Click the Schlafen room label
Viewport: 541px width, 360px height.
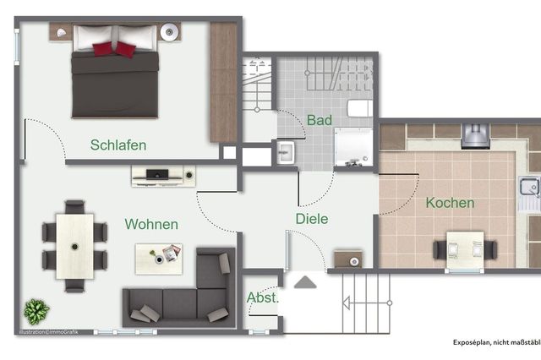pos(118,145)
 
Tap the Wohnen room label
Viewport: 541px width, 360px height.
pos(151,224)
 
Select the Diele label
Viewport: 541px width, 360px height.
pos(311,219)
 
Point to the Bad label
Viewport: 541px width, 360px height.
pos(320,121)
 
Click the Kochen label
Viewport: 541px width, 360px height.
pos(450,203)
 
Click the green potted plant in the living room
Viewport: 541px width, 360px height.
pos(36,311)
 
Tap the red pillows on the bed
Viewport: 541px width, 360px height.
pos(114,49)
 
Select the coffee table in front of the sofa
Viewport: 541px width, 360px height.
pos(159,256)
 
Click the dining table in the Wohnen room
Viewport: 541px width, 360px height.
pos(74,246)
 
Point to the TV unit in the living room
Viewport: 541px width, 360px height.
pos(163,176)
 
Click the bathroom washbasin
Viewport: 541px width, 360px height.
pos(285,153)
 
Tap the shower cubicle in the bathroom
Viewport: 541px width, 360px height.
pos(352,150)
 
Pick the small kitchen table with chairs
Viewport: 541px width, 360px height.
pos(464,246)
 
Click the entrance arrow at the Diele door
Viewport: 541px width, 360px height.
pos(305,281)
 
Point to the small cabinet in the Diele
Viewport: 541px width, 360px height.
pos(347,259)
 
